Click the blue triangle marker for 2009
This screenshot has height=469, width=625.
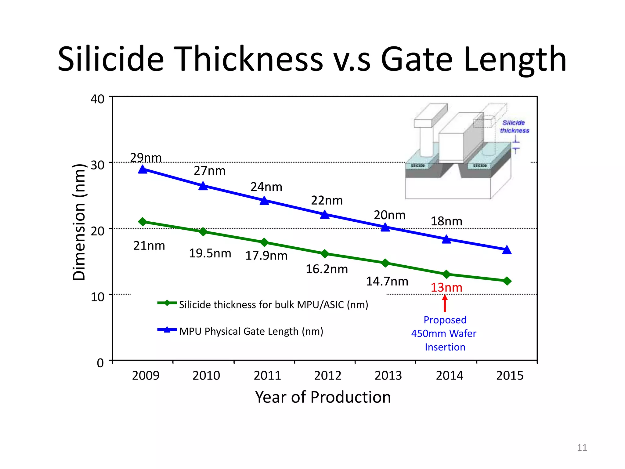point(143,169)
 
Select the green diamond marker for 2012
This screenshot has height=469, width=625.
point(325,254)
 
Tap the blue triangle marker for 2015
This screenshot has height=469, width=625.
point(507,250)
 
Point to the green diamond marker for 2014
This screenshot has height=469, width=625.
point(446,274)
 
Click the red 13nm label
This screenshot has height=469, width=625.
point(446,288)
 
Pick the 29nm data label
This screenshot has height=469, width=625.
point(146,158)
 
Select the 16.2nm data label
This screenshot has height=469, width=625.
point(327,269)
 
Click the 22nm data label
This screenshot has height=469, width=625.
point(327,201)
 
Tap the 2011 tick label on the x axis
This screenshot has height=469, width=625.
point(267,376)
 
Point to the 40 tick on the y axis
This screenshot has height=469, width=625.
point(97,99)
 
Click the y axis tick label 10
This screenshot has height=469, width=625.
point(97,297)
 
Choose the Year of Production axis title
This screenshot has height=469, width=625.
point(323,397)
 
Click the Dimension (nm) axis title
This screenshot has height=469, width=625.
point(79,222)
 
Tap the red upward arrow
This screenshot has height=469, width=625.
point(445,303)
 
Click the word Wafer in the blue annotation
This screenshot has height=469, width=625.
point(463,333)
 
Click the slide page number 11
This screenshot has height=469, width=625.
point(582,448)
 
